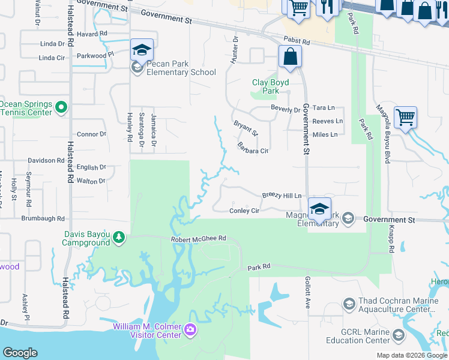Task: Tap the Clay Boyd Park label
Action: point(270,86)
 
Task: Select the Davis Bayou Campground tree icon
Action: point(119,238)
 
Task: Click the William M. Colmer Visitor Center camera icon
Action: point(190,329)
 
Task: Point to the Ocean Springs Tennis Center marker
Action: point(61,107)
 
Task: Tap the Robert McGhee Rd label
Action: point(198,238)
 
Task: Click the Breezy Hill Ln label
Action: point(282,196)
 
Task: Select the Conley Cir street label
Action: point(244,211)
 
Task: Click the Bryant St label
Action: point(246,128)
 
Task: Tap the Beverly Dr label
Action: point(285,110)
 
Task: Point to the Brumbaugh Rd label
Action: point(44,219)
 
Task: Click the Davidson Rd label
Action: point(46,161)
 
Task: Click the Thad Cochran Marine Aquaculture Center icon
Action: point(349,304)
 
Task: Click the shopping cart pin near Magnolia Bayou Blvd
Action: point(406,117)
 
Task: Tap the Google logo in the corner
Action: point(20,353)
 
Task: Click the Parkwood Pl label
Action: point(95,55)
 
